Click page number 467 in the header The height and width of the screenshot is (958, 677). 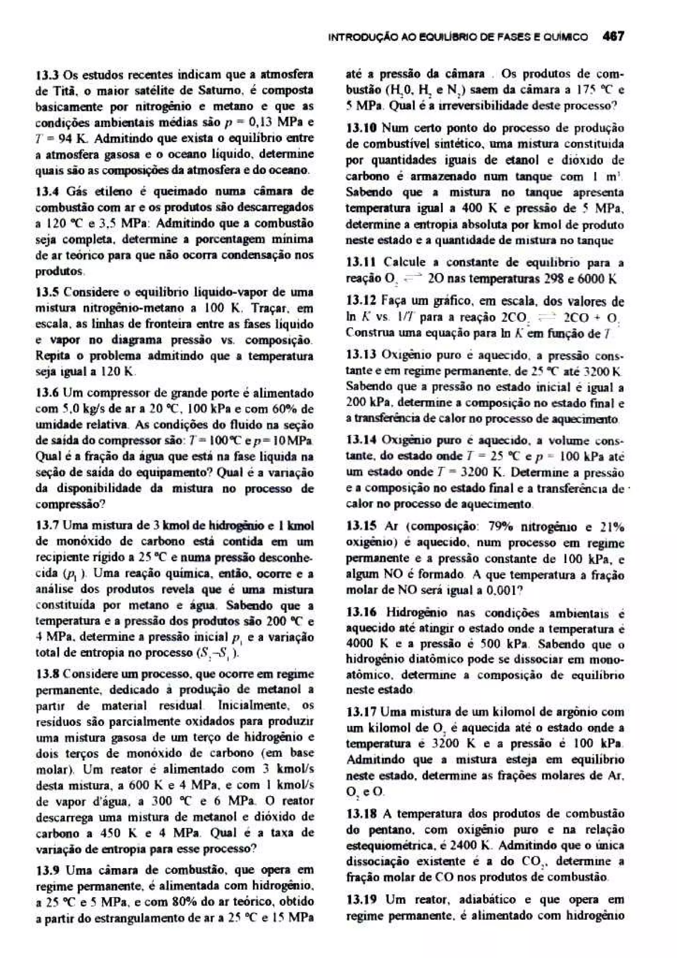(x=613, y=37)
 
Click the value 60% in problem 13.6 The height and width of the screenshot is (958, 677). (x=286, y=409)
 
